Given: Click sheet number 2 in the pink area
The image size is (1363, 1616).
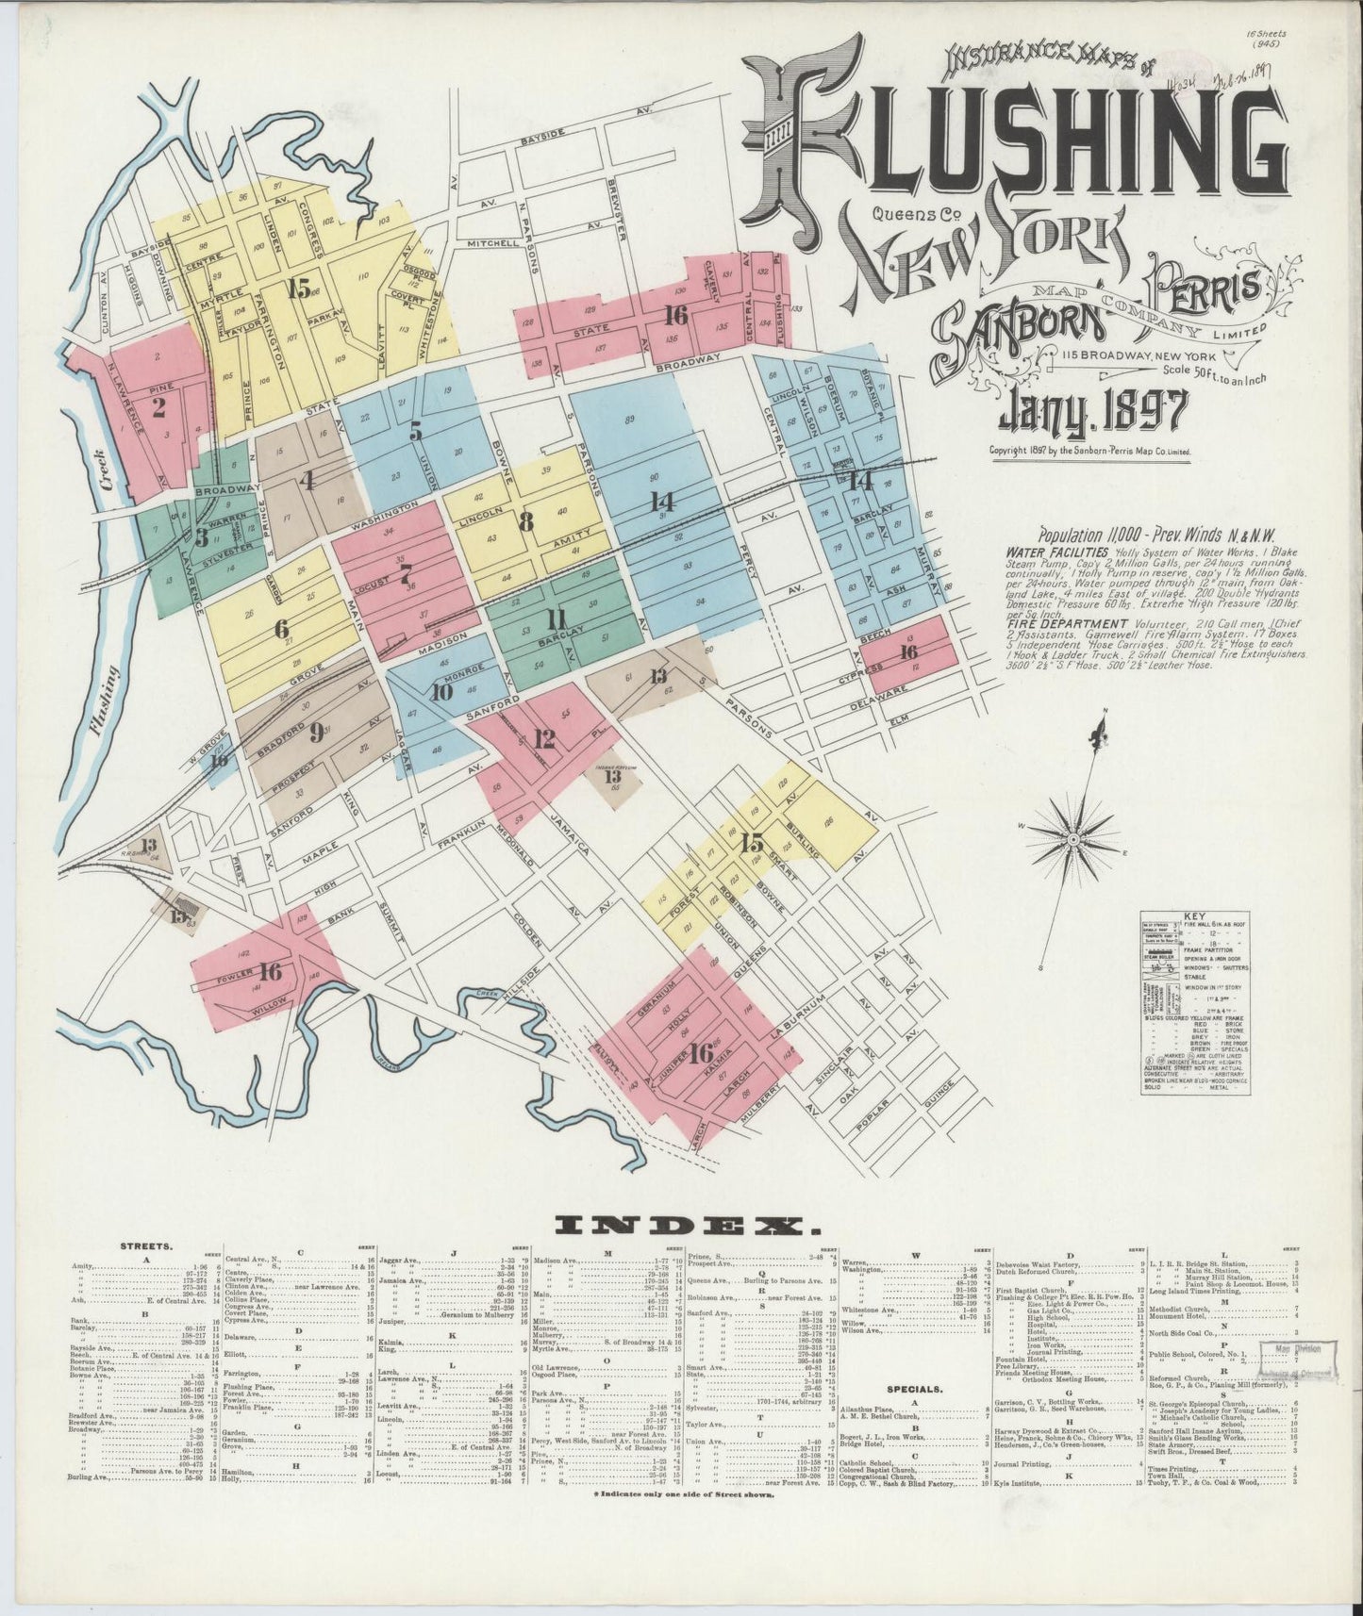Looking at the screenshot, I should (158, 407).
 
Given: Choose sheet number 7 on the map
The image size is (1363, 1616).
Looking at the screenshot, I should (405, 572).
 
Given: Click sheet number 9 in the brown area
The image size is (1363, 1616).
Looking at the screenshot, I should (317, 729).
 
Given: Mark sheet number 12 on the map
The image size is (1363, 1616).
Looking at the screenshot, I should (542, 738).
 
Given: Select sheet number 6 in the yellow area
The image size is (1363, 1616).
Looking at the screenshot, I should (281, 628).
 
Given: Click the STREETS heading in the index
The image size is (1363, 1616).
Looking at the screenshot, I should (146, 1245).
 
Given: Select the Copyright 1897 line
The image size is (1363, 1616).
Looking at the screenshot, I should (1089, 451).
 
